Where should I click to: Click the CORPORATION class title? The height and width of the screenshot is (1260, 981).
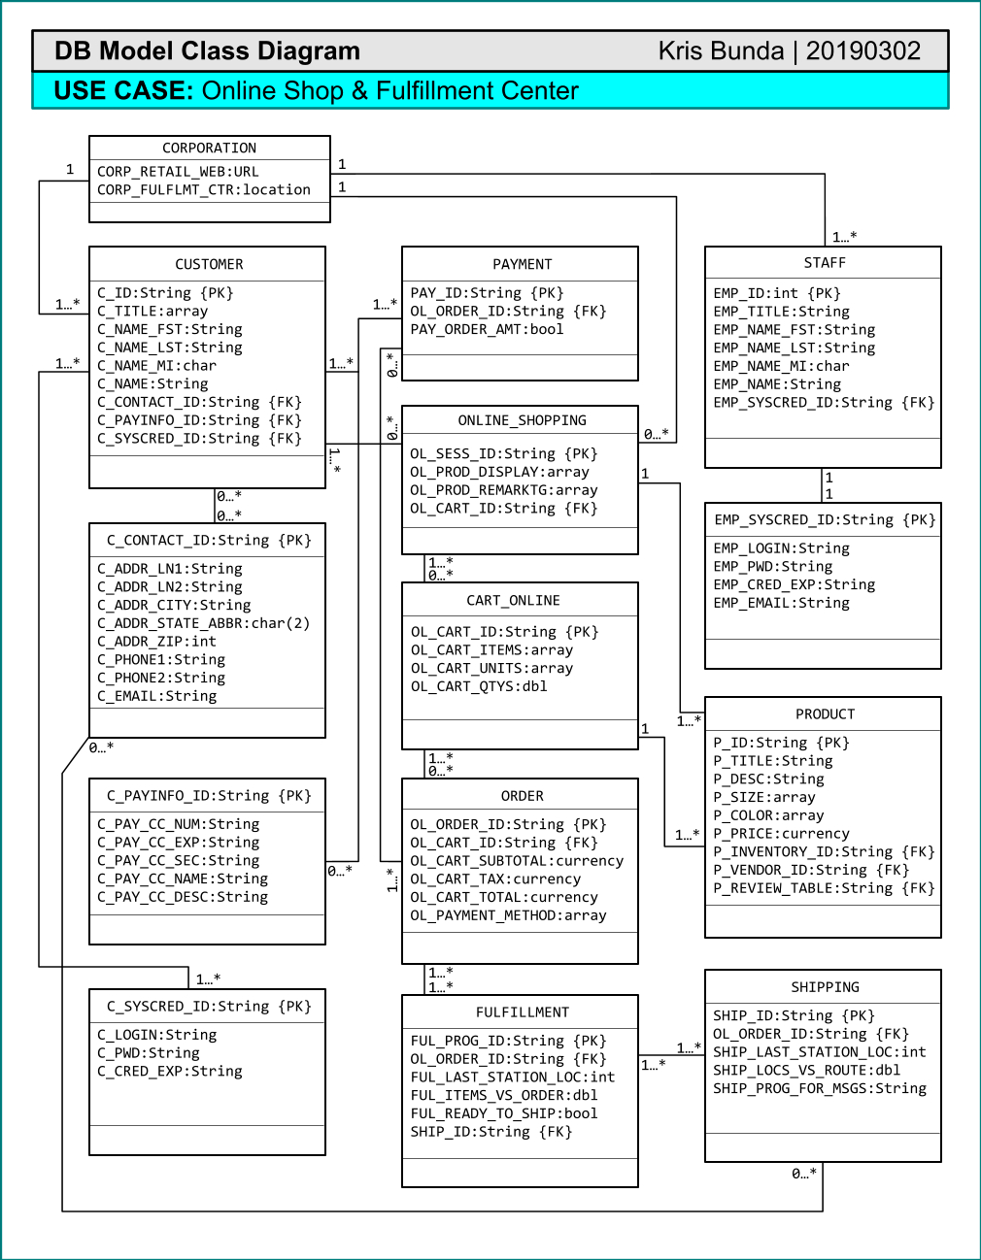tap(209, 148)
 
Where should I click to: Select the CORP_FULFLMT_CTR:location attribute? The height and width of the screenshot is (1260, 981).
tap(204, 189)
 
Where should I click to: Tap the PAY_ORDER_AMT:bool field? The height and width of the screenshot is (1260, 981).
tap(487, 329)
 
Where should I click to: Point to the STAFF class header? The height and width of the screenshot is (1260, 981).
tap(825, 263)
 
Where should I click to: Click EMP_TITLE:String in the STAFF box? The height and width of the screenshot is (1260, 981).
tap(782, 312)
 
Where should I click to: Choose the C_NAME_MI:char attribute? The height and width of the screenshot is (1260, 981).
tap(156, 365)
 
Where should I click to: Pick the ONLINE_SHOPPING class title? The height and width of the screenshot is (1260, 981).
tap(523, 420)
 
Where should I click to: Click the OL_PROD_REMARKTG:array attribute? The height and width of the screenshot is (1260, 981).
tap(503, 490)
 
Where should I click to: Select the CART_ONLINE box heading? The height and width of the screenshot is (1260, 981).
tap(514, 600)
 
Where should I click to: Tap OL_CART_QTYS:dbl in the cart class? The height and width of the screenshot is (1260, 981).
tap(479, 686)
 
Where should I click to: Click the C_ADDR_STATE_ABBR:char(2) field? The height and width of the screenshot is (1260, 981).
tap(204, 623)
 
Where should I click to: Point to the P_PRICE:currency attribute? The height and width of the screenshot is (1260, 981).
tap(782, 833)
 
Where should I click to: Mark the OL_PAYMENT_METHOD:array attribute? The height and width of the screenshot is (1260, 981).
tap(508, 915)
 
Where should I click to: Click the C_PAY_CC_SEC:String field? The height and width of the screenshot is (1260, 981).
tap(178, 860)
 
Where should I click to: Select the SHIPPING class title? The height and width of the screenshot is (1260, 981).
tap(825, 987)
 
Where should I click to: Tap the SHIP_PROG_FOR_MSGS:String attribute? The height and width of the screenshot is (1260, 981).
tap(820, 1088)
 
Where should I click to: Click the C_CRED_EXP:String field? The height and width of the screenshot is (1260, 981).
tap(169, 1071)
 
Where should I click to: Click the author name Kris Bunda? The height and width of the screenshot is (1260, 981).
tap(721, 51)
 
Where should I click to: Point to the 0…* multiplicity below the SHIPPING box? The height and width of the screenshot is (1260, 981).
tap(804, 1174)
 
